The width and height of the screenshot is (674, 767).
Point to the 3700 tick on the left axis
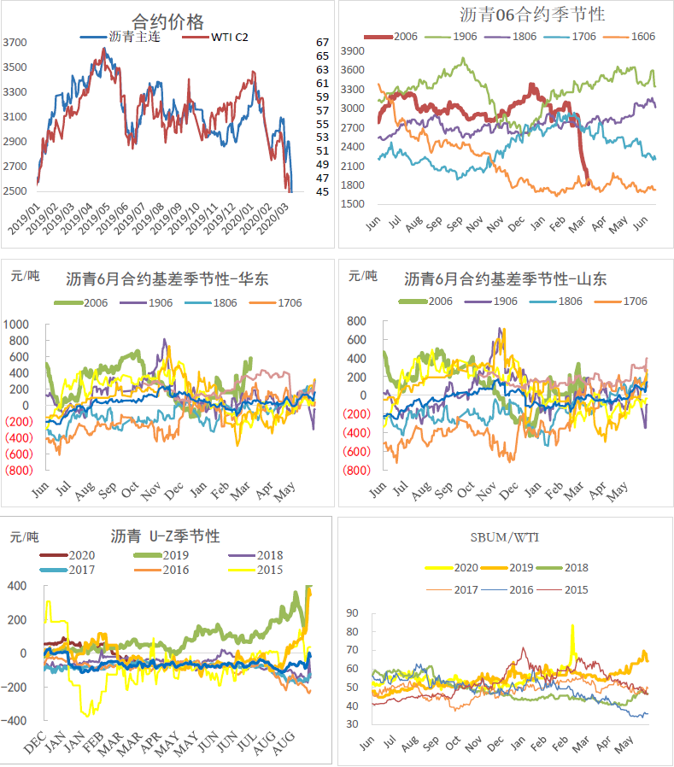pyautogui.click(x=15, y=42)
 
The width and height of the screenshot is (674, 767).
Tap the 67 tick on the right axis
pyautogui.click(x=322, y=42)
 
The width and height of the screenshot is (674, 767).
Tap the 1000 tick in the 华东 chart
pyautogui.click(x=17, y=325)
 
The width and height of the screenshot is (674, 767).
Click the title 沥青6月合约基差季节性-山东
pyautogui.click(x=505, y=278)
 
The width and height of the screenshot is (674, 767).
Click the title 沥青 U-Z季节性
pyautogui.click(x=165, y=536)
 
